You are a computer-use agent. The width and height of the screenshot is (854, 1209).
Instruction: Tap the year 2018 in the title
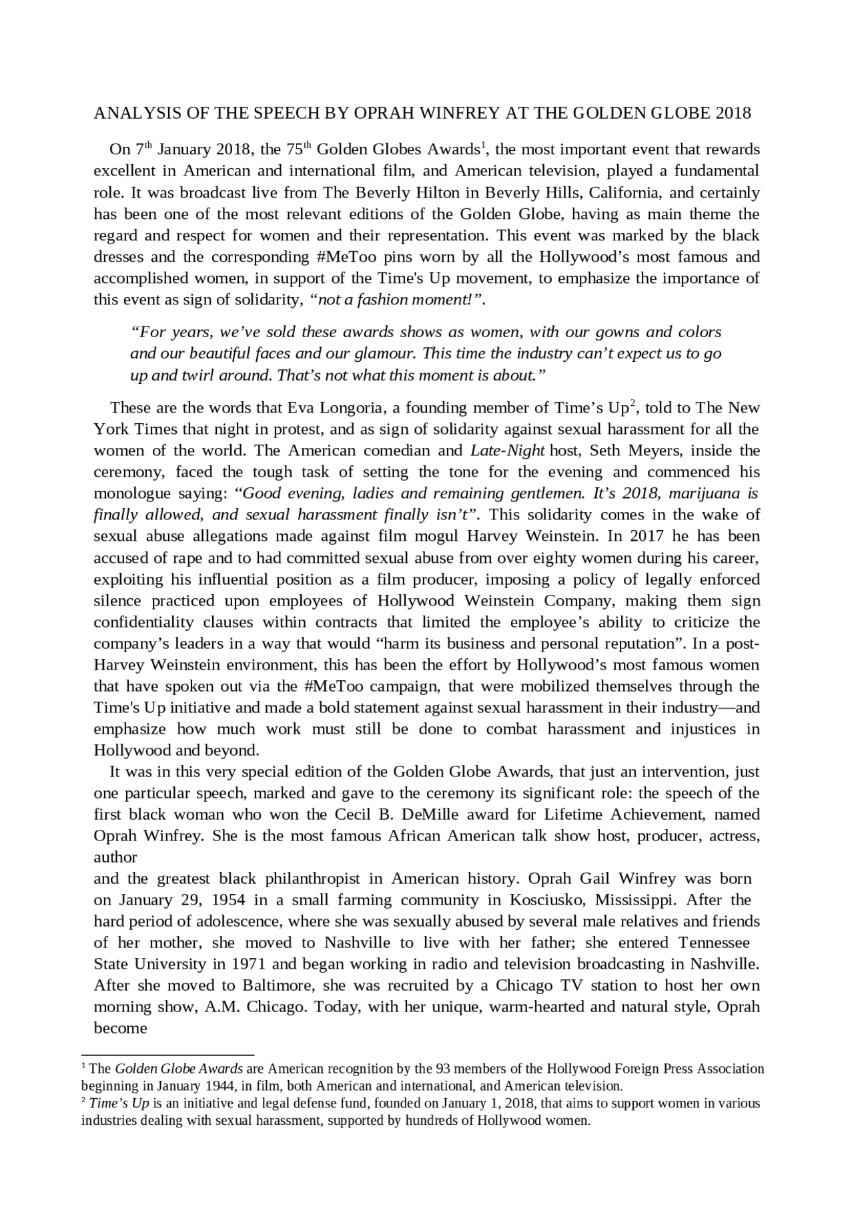pyautogui.click(x=733, y=113)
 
